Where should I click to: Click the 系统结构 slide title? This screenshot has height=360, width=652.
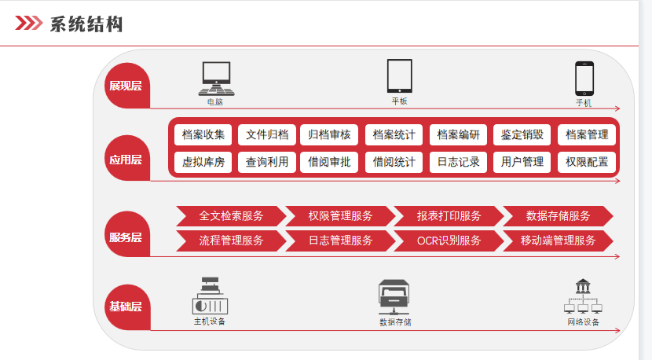click(x=86, y=24)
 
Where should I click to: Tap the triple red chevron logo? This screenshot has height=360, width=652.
click(x=29, y=24)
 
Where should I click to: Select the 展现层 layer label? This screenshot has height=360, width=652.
click(x=126, y=86)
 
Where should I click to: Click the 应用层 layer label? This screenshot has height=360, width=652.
click(x=126, y=160)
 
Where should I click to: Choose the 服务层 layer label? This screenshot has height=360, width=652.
click(x=126, y=237)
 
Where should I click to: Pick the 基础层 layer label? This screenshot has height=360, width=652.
click(x=126, y=307)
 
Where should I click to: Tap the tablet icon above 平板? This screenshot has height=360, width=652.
click(x=399, y=75)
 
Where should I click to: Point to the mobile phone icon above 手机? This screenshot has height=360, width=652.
click(x=584, y=79)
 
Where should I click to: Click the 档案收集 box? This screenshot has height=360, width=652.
click(x=203, y=134)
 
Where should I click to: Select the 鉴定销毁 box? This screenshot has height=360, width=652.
click(x=522, y=134)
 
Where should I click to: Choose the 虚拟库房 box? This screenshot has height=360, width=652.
click(x=203, y=163)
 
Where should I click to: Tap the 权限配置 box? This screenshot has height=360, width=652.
click(x=587, y=163)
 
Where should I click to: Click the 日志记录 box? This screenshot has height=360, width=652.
click(x=458, y=163)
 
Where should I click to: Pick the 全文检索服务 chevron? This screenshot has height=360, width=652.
click(x=230, y=216)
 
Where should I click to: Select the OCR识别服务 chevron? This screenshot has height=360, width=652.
click(x=449, y=241)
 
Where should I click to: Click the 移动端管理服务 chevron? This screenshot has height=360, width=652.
click(x=558, y=241)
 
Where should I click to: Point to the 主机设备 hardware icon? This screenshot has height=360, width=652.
click(x=210, y=296)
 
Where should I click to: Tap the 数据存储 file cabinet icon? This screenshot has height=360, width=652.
click(x=395, y=297)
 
